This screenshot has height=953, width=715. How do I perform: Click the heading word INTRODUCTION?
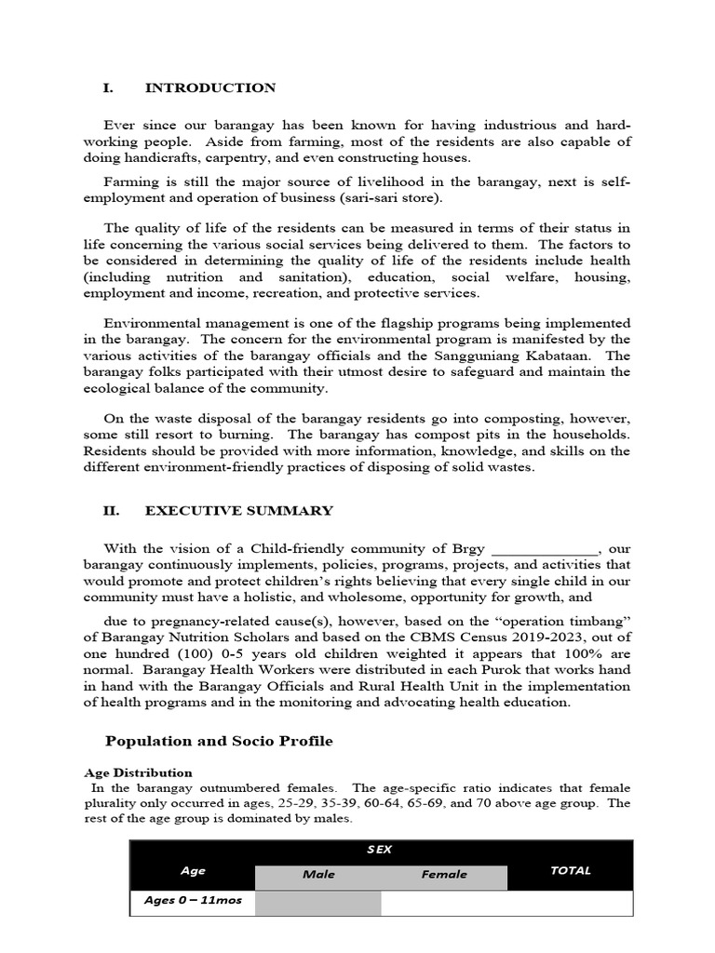point(210,87)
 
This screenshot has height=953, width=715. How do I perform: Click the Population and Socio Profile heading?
point(219,741)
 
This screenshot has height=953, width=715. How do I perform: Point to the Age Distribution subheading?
point(138,772)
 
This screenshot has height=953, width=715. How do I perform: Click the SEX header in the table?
point(379,851)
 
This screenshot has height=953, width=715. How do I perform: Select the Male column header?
point(317,875)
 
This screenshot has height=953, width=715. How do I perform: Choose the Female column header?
point(444,875)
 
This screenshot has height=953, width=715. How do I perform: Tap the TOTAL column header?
point(570,871)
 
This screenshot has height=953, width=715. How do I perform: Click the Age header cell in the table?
point(193,871)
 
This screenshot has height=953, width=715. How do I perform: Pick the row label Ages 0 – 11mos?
point(193,902)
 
